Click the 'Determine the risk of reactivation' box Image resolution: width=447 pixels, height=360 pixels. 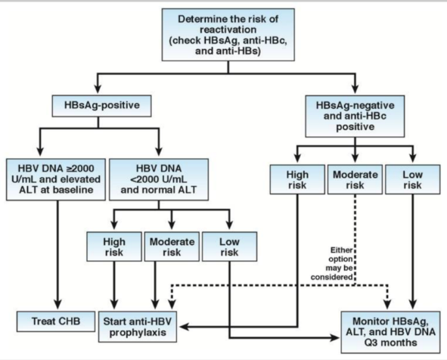pyautogui.click(x=228, y=35)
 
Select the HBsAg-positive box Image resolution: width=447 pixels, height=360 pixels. pyautogui.click(x=102, y=106)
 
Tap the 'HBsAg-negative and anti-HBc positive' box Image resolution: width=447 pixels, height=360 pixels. pyautogui.click(x=355, y=116)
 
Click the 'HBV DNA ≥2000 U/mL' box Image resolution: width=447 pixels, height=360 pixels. pyautogui.click(x=56, y=179)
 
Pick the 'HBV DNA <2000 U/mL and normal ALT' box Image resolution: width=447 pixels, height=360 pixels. pyautogui.click(x=159, y=179)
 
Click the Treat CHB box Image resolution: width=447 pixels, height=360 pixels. pyautogui.click(x=56, y=321)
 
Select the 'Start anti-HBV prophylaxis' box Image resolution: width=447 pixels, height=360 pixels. pyautogui.click(x=138, y=327)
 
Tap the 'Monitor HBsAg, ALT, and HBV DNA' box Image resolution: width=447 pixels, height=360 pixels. pyautogui.click(x=390, y=332)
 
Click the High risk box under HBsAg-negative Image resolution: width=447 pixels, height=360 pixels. pyautogui.click(x=297, y=179)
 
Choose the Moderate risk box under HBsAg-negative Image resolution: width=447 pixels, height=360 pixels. pyautogui.click(x=355, y=179)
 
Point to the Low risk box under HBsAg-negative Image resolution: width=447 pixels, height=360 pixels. pyautogui.click(x=412, y=179)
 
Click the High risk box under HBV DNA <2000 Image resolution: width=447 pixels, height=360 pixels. pyautogui.click(x=114, y=247)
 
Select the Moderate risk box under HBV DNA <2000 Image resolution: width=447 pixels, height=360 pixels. pyautogui.click(x=172, y=247)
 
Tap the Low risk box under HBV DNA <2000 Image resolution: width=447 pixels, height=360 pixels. pyautogui.click(x=229, y=247)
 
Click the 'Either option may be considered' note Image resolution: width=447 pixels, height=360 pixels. pyautogui.click(x=332, y=263)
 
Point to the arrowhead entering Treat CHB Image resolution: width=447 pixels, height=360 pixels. pyautogui.click(x=58, y=305)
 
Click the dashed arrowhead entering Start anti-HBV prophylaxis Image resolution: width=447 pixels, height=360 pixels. pyautogui.click(x=172, y=305)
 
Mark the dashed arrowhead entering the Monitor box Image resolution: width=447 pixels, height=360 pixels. pyautogui.click(x=387, y=305)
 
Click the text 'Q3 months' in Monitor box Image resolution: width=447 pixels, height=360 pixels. pyautogui.click(x=390, y=343)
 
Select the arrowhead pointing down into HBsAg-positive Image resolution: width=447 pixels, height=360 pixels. pyautogui.click(x=98, y=88)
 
